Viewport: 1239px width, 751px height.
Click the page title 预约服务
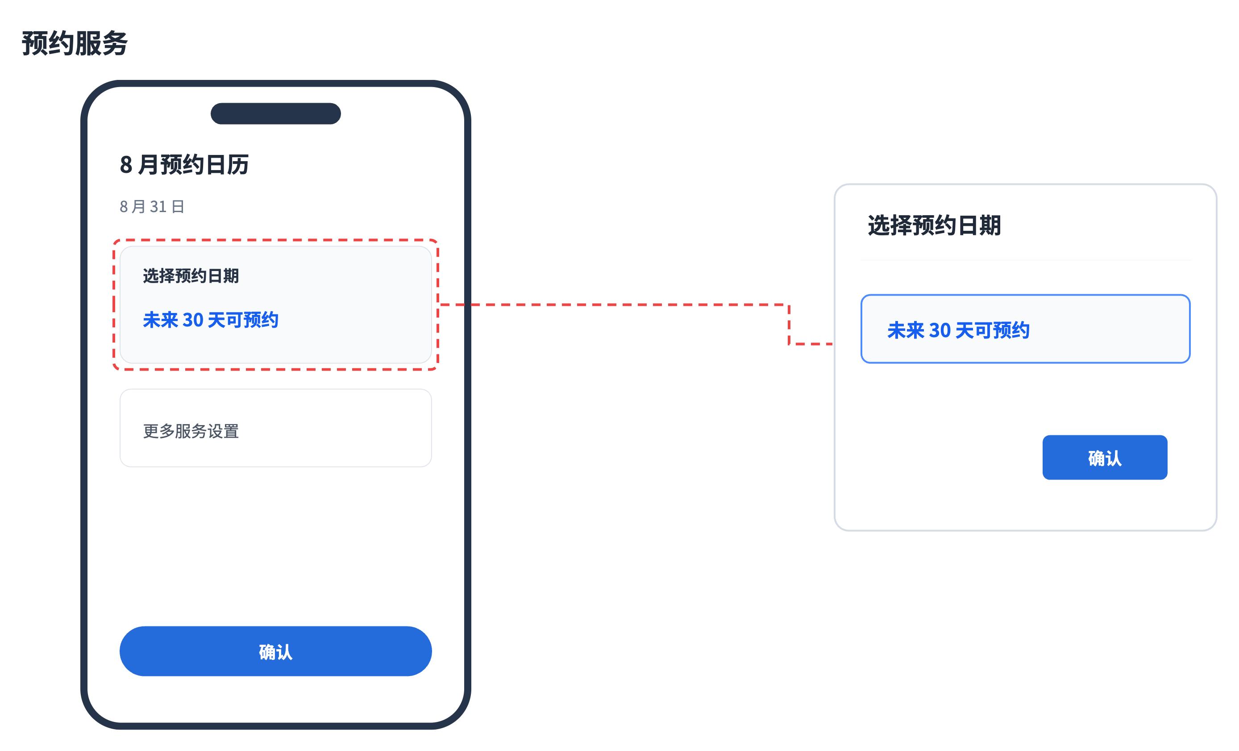[75, 43]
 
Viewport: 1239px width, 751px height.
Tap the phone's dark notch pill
[275, 114]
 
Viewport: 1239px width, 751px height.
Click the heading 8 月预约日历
[184, 164]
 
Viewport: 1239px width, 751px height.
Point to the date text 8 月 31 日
[152, 206]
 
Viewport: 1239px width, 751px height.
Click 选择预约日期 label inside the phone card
[191, 275]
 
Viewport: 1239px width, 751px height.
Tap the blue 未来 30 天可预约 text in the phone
[211, 320]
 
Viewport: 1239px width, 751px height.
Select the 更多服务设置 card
[275, 428]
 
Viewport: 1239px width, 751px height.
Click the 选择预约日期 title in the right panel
[934, 225]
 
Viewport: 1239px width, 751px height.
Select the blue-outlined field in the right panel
[1025, 329]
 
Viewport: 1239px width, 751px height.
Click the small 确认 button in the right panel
[1105, 457]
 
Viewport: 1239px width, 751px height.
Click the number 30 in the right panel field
[940, 330]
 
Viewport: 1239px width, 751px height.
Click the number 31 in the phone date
[158, 206]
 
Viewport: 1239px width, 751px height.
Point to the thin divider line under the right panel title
[1025, 259]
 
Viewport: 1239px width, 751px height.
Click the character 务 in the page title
[115, 43]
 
